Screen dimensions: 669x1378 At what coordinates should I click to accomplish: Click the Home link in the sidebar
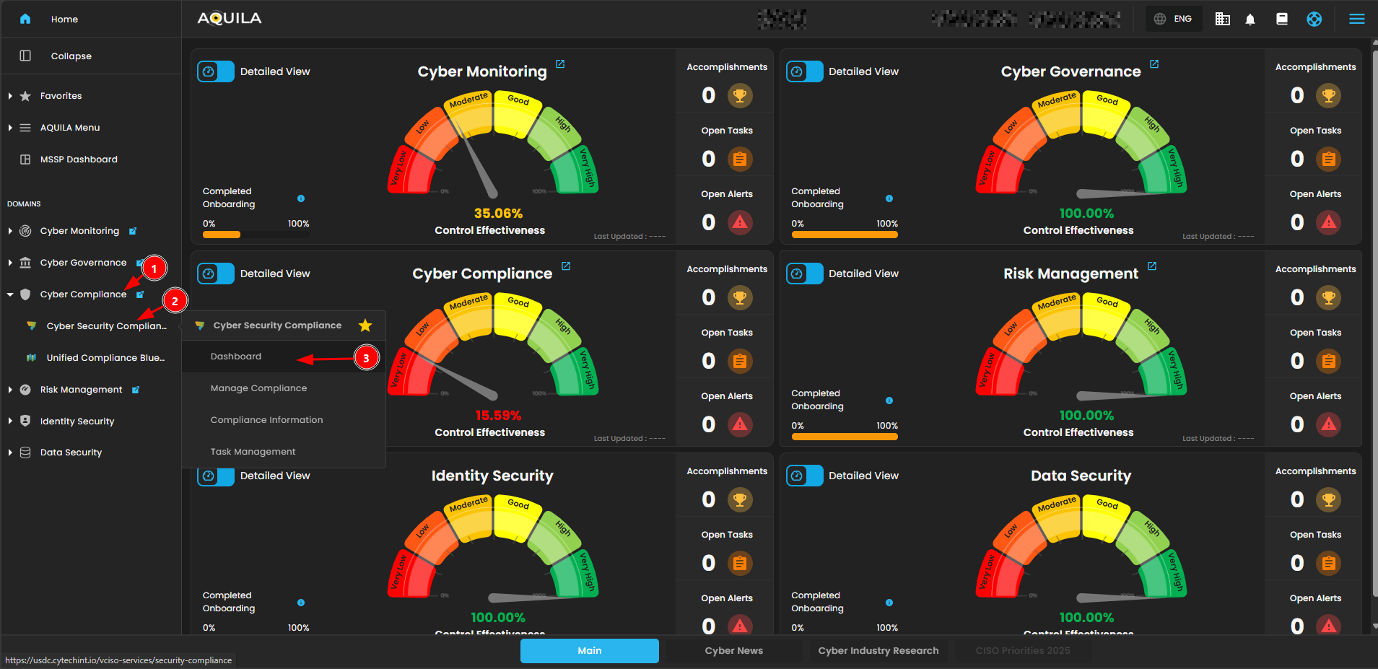pos(64,19)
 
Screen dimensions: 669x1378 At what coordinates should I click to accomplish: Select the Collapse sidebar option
pos(71,56)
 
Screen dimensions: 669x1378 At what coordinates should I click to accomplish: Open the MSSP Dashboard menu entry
pos(79,159)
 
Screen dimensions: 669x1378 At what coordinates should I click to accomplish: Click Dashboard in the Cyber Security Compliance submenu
pos(236,357)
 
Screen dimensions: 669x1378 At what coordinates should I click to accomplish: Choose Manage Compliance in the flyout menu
pos(258,388)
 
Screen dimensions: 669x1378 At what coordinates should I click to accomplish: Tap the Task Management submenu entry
pos(253,452)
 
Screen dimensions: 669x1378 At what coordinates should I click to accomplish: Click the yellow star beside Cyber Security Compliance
pos(365,325)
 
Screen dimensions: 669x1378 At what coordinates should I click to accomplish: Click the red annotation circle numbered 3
pos(366,358)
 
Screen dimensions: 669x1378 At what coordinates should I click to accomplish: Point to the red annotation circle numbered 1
pos(154,268)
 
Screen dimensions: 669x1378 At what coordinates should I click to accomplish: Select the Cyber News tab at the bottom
pos(733,651)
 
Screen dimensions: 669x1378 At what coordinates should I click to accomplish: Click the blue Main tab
pos(589,651)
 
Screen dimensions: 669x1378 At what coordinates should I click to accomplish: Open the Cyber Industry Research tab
pos(878,651)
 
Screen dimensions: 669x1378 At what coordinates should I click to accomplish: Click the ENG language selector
pos(1174,19)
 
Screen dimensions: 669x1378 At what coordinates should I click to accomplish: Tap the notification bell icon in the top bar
pos(1250,19)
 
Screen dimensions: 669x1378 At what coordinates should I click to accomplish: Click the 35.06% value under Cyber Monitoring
pos(498,214)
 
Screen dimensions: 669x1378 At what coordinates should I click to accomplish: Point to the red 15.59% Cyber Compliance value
pos(498,416)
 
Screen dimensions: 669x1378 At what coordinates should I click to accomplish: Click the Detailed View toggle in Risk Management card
pos(804,274)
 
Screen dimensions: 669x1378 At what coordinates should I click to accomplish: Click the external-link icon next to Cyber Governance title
pos(1154,64)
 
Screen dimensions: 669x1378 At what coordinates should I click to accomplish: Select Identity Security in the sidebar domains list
pos(77,421)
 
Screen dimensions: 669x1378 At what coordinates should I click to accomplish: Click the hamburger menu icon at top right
pos(1357,19)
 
